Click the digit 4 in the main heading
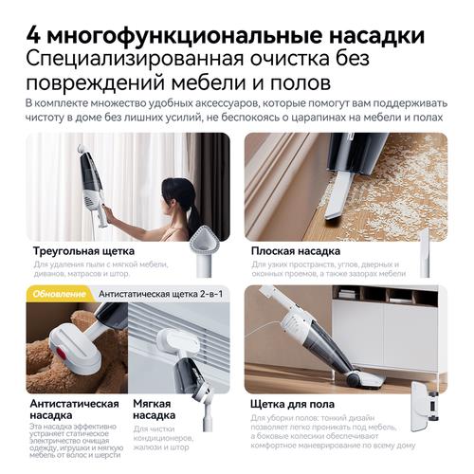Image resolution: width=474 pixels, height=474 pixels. [34, 35]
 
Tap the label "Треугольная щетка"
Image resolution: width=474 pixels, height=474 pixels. [83, 251]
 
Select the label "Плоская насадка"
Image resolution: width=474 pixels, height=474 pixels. [296, 251]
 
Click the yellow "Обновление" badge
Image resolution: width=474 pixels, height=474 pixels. [59, 294]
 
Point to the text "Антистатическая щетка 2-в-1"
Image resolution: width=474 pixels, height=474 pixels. [161, 294]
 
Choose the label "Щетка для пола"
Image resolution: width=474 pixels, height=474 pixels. [292, 404]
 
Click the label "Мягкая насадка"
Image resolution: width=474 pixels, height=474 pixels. [154, 410]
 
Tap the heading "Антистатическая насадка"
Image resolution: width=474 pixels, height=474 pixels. [75, 410]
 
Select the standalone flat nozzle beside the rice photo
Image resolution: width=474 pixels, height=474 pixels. [424, 253]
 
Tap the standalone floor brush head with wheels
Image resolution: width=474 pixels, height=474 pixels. [425, 406]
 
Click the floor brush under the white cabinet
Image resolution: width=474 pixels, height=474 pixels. [365, 377]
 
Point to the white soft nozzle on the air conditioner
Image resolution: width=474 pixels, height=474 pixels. [173, 343]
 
